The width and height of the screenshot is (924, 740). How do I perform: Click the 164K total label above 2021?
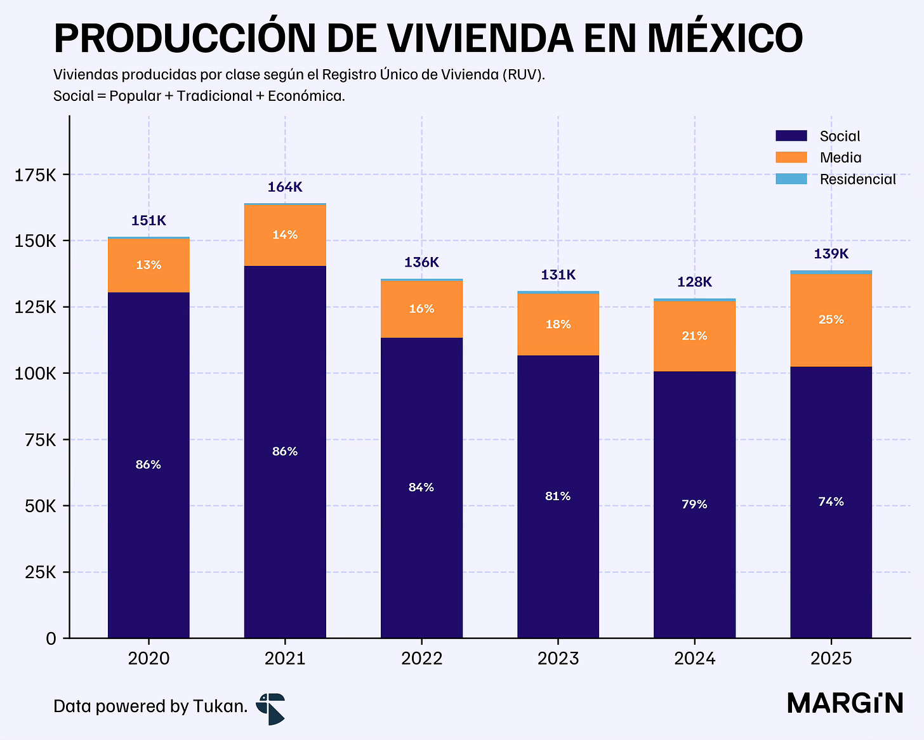(285, 187)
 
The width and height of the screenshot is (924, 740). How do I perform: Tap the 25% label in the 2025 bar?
(831, 319)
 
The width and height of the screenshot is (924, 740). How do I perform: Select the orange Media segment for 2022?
(421, 309)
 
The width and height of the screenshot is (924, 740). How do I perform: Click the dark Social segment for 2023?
(558, 497)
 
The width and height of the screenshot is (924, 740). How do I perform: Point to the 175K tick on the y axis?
(36, 175)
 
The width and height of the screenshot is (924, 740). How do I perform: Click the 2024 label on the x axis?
(695, 658)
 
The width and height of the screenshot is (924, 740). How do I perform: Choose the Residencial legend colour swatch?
(791, 179)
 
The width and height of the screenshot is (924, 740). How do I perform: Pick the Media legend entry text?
(841, 157)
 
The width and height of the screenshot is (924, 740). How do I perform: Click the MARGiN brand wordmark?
(845, 704)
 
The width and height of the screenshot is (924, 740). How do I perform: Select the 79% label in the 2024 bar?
(694, 504)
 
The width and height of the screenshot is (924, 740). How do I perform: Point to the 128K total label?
(694, 282)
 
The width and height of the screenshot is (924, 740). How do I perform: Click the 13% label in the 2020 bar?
(148, 265)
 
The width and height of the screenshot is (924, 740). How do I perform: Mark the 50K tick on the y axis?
(41, 506)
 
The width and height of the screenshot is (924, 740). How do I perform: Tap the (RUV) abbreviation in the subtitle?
(522, 75)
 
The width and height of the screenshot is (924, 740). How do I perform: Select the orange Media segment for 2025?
(831, 320)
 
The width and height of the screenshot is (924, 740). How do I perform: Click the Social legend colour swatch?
(791, 136)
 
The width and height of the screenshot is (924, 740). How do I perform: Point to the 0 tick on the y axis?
(51, 639)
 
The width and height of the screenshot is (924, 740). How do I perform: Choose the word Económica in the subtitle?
(307, 96)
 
